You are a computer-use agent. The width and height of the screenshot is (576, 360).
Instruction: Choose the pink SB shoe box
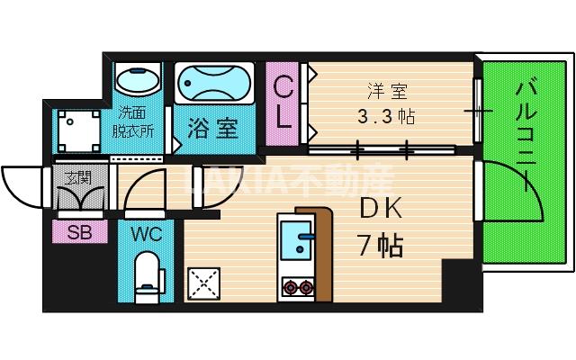(x=80, y=232)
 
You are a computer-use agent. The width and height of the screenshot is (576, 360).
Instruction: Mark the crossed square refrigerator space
(x=204, y=283)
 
